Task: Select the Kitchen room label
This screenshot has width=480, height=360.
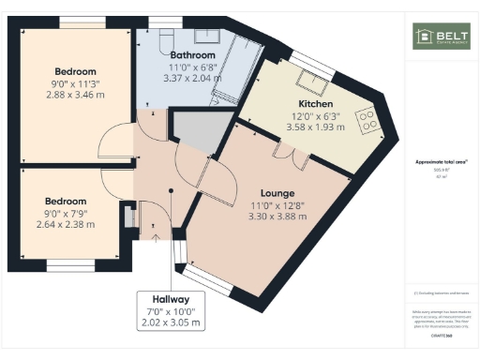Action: tap(316, 103)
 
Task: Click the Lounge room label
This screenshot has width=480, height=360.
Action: tap(272, 193)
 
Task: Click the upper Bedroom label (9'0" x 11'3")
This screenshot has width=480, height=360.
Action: tap(75, 71)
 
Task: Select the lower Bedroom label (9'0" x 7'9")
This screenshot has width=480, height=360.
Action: tap(66, 201)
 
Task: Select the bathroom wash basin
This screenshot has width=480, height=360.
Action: tap(209, 37)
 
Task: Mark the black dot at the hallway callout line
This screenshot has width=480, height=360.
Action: tap(171, 190)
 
